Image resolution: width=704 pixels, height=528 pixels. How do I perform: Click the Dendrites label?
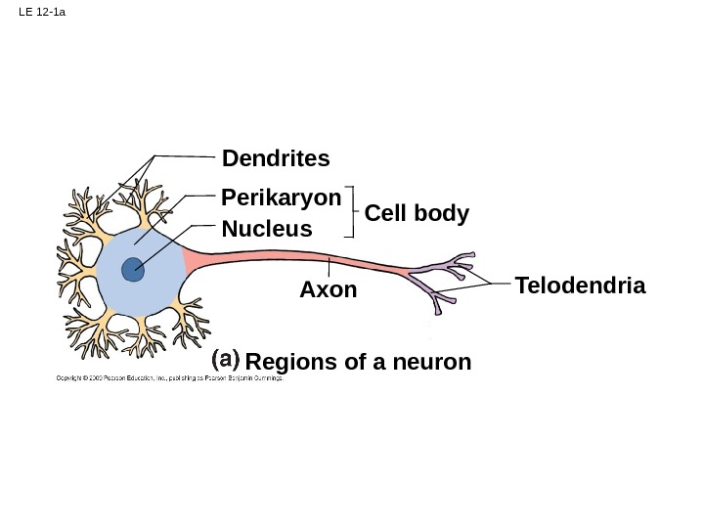point(276,158)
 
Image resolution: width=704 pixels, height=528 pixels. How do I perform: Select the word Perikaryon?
point(282,198)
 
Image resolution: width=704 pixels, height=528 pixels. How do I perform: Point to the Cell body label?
point(417,213)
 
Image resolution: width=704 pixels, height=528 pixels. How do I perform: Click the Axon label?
point(329,290)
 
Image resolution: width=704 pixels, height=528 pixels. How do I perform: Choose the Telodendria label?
point(580,286)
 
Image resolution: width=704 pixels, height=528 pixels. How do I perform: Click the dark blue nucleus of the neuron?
point(132,269)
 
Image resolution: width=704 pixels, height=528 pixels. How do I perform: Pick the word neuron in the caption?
point(436,363)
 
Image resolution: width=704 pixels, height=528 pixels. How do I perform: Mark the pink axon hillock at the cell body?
point(190,261)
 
